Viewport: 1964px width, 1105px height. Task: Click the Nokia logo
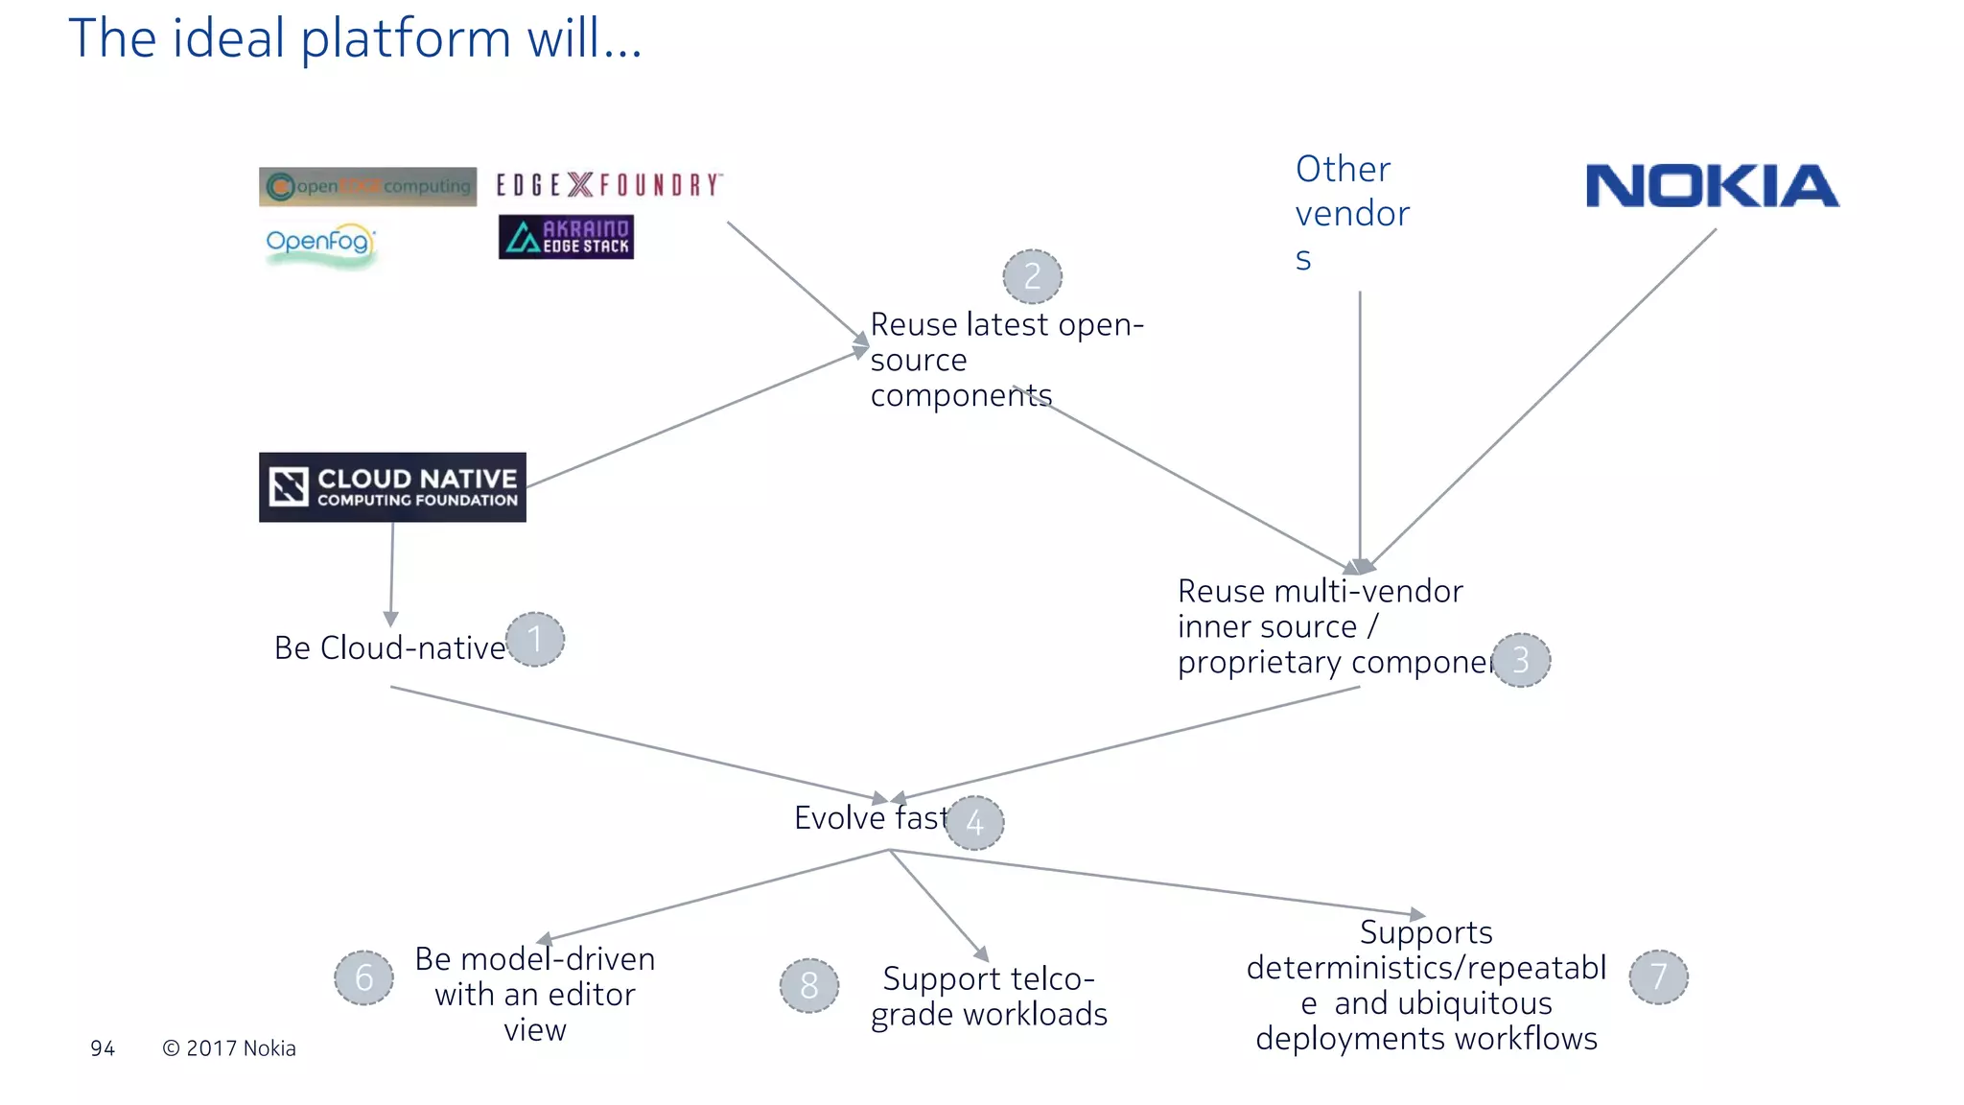tap(1712, 186)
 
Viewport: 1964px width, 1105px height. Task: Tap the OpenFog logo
tap(319, 243)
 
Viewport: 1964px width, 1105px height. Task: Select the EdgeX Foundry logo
tap(609, 184)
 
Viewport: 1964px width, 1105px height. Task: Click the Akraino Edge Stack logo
tap(566, 237)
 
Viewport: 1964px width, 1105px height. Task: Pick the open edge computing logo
tap(368, 186)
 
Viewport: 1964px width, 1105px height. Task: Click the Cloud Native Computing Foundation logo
tap(392, 487)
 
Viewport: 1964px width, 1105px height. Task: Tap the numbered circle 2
tap(1032, 277)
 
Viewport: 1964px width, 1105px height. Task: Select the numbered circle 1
tap(535, 640)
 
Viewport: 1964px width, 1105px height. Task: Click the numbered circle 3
tap(1521, 661)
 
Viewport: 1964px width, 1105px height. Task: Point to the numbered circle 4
tap(974, 823)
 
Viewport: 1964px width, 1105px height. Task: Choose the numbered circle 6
tap(363, 977)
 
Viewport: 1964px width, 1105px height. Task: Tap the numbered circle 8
tap(808, 985)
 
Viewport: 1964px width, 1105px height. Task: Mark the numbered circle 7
tap(1658, 976)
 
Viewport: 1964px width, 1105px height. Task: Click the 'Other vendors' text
tap(1350, 213)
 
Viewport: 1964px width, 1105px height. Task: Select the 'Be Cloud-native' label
tap(389, 648)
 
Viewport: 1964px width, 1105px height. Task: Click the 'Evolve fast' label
tap(870, 818)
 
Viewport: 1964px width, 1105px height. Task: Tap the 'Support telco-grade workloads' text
tap(989, 997)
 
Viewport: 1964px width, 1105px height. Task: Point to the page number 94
tap(103, 1048)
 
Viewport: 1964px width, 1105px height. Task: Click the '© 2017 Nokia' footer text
tap(229, 1048)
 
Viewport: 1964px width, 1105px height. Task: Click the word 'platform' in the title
tap(406, 40)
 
